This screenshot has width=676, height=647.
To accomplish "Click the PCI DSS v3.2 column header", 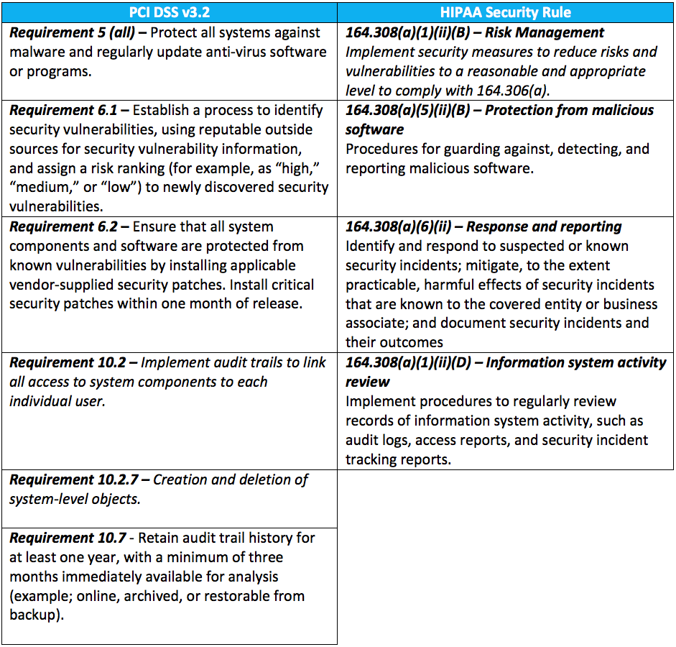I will [170, 12].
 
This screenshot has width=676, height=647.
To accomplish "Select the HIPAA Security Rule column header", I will [506, 12].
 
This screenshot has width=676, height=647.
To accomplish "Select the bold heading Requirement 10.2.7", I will [72, 479].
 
